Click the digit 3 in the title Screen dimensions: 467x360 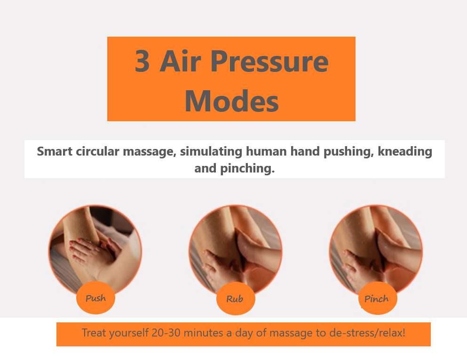coord(142,61)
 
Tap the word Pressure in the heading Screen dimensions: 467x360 coord(269,61)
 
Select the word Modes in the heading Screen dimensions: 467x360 coord(232,101)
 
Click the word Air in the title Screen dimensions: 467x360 coord(181,61)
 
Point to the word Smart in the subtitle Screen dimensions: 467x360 coord(55,151)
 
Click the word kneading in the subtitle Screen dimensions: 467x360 coord(405,151)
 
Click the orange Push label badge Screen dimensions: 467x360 coord(95,297)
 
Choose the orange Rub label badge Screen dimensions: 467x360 coord(236,298)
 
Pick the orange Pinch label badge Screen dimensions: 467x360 coord(378,298)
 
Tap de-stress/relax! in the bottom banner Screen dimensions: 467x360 coord(367,333)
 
